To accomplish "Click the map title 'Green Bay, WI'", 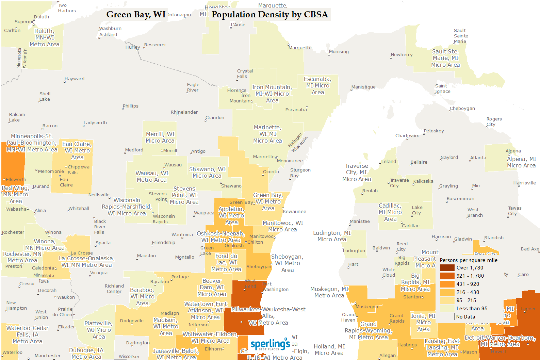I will pos(136,15).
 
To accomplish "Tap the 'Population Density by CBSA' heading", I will pos(269,15).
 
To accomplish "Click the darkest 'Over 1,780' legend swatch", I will pos(447,268).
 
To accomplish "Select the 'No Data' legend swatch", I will pos(447,317).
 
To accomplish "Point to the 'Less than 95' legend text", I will pos(472,309).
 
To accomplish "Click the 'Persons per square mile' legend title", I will pos(468,260).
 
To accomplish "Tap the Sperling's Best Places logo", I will pos(270,345).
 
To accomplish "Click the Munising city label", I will pos(339,52).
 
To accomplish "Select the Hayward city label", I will pos(75,79).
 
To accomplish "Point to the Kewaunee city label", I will pos(295,212).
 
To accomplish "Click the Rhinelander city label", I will pos(184,112).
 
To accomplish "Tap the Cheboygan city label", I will pos(462,109).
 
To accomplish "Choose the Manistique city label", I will pos(363,87).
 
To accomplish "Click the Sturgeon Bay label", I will pos(300,173).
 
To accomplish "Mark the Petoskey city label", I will pos(433,131).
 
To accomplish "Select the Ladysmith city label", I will pos(95,123).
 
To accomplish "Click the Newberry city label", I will pos(402,55).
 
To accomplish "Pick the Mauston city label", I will pos(146,256).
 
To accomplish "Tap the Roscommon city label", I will pos(460,199).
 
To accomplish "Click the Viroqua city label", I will pos(99,273).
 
